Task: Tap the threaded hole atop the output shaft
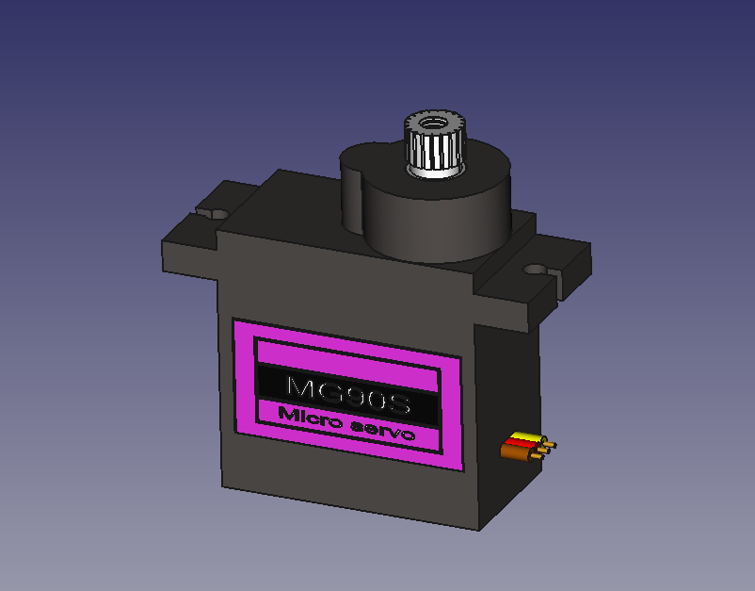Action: [x=433, y=122]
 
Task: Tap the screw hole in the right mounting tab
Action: [x=535, y=269]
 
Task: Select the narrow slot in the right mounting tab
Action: [x=561, y=277]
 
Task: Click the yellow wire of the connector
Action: [x=524, y=437]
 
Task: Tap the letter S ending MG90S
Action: [x=400, y=405]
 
